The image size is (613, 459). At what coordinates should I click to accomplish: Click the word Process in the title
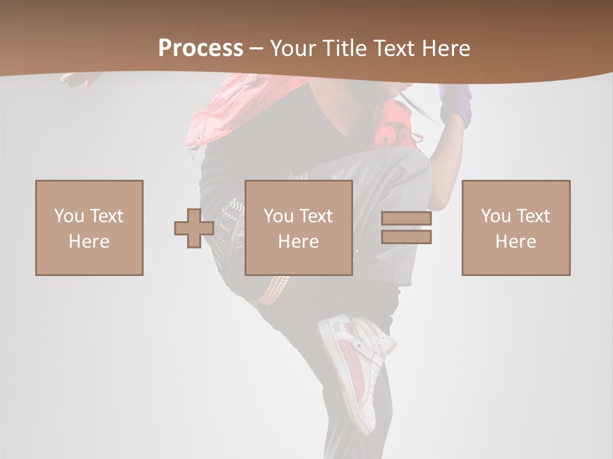point(201,48)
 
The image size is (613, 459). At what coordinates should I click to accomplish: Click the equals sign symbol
point(406,228)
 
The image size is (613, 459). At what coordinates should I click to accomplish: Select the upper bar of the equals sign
point(406,219)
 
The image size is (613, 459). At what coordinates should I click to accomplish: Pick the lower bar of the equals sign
point(406,237)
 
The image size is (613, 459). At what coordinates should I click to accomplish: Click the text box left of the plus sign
point(89,228)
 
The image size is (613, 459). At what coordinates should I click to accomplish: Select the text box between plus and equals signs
point(299,228)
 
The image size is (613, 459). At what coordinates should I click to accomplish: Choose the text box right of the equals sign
point(516,228)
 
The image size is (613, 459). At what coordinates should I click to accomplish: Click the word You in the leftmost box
point(68,216)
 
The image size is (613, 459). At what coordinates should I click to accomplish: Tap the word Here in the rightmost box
point(516,242)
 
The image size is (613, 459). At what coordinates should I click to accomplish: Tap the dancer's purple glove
point(456,105)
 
